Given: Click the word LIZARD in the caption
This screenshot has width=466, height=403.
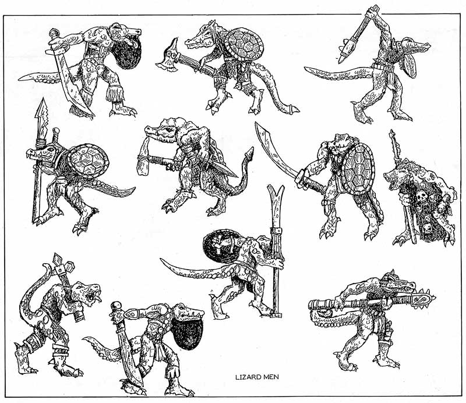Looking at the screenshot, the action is (x=245, y=377).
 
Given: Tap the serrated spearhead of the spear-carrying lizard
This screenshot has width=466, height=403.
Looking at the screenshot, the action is (x=41, y=118).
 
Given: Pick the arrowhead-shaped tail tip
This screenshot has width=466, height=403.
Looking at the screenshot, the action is (x=249, y=153).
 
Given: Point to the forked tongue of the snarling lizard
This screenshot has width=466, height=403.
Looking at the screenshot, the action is (x=97, y=298).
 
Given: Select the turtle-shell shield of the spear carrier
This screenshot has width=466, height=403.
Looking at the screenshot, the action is (x=88, y=161).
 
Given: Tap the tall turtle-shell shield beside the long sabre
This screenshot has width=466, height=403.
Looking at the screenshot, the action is (x=358, y=169).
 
